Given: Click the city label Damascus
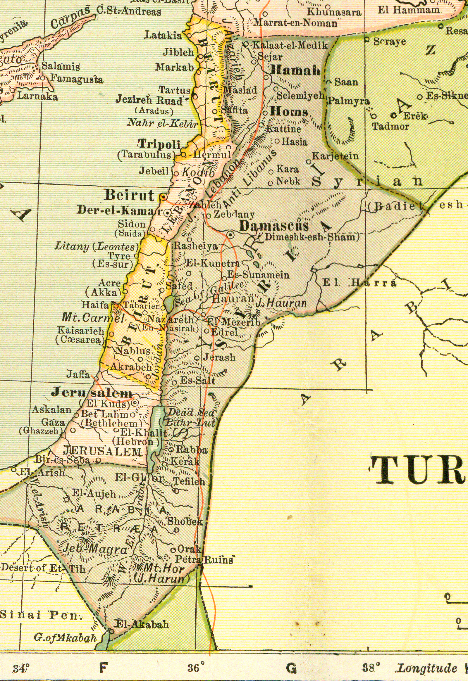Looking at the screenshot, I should coord(274,226).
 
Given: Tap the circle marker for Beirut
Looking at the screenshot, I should coord(163,197).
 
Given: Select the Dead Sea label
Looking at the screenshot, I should coord(191,413).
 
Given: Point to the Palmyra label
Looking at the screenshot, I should coord(348,101).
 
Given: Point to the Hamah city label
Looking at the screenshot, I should coord(295,70).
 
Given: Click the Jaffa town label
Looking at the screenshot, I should coord(78,374).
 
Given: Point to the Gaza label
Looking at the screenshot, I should coord(53,422).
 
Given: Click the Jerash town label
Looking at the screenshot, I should coord(219,357).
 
